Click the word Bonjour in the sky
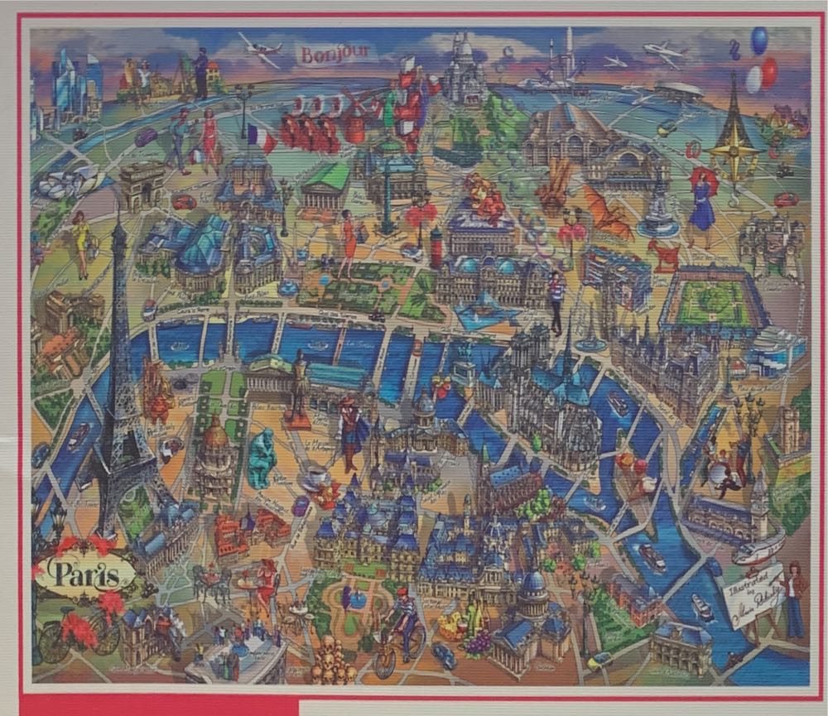point(334,55)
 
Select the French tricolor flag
point(261,138)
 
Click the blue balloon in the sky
point(758,40)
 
